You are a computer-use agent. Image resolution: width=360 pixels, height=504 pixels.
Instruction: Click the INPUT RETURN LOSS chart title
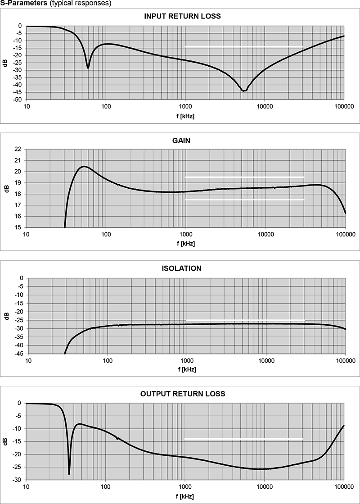[x=182, y=16]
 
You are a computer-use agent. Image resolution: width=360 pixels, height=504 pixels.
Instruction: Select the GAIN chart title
[x=181, y=141]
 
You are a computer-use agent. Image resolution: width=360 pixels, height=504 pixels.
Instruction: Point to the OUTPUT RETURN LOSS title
[x=183, y=394]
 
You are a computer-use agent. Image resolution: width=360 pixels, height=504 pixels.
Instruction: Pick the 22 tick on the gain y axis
[x=18, y=149]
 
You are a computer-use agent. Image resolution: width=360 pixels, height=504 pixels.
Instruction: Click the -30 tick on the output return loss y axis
[x=18, y=480]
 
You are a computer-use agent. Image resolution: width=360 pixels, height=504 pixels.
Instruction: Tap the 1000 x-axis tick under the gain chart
[x=186, y=234]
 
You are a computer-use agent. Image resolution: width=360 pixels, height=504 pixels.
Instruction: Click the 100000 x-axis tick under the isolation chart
[x=346, y=360]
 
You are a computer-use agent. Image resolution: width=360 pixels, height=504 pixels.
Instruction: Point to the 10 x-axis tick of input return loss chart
[x=26, y=107]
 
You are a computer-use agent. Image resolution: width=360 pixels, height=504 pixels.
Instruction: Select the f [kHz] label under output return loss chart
[x=186, y=495]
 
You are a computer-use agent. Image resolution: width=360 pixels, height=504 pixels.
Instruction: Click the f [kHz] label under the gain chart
[x=186, y=243]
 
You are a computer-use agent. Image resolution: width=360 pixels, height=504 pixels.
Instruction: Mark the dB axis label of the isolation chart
[x=5, y=316]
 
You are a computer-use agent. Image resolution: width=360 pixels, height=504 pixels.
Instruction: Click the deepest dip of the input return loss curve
[x=243, y=91]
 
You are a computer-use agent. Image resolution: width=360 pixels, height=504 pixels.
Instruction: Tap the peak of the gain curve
[x=84, y=167]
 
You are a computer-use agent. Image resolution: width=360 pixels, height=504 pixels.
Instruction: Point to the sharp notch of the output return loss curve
[x=69, y=473]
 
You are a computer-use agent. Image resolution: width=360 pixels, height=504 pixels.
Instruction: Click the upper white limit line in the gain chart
[x=245, y=177]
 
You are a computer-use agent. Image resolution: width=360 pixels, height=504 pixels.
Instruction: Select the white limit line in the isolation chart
[x=245, y=320]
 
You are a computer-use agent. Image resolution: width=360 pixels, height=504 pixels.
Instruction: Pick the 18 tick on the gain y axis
[x=18, y=194]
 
